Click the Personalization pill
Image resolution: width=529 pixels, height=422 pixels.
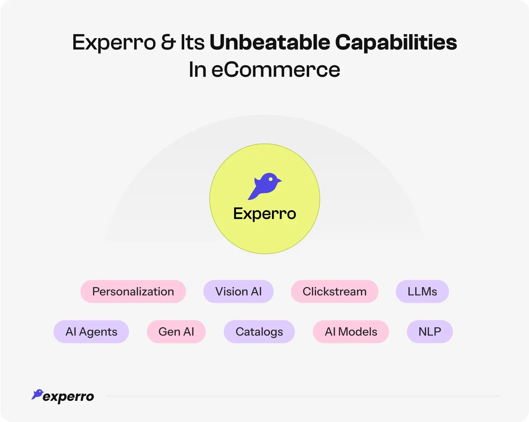133,291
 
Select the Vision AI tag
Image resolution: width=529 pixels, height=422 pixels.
238,291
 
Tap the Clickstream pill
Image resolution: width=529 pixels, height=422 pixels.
334,291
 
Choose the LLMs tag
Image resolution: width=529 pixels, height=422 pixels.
422,291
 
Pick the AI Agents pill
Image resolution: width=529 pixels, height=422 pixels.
91,332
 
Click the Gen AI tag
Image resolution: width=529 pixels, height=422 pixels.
176,332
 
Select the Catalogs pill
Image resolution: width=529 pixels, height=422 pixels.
259,332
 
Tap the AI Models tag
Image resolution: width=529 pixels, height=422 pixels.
351,332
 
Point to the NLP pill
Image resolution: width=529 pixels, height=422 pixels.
430,332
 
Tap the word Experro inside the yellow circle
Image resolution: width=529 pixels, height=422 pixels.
265,214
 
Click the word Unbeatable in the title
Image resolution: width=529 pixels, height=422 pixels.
270,42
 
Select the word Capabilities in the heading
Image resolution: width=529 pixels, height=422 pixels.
396,42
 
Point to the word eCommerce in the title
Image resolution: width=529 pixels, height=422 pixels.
275,70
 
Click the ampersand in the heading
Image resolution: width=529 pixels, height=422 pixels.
168,42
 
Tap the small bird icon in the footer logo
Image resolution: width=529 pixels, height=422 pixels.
37,394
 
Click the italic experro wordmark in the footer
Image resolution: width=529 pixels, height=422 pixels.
68,397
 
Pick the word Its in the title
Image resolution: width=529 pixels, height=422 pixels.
192,42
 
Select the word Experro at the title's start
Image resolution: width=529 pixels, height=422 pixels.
114,42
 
